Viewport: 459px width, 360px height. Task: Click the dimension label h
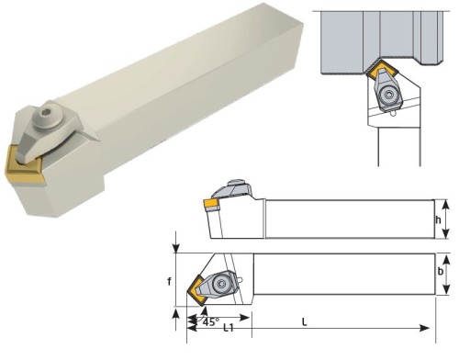click(x=439, y=219)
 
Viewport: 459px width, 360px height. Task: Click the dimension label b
click(x=441, y=271)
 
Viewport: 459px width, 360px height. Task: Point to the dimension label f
click(x=169, y=281)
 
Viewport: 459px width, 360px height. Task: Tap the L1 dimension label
click(x=229, y=328)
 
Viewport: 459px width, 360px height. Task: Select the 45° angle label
click(x=211, y=321)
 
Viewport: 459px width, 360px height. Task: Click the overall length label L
click(x=304, y=321)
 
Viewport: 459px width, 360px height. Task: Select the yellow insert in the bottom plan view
click(x=196, y=289)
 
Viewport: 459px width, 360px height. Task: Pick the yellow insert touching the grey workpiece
click(x=382, y=69)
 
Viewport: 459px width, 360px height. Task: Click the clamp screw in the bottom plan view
click(x=220, y=284)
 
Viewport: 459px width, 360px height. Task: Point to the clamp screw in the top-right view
click(x=388, y=96)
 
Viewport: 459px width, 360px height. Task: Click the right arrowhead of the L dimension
click(x=424, y=328)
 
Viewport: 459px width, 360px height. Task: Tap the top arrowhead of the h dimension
click(x=446, y=204)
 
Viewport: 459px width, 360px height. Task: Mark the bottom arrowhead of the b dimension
click(x=446, y=289)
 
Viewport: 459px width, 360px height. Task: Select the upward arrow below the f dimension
click(x=176, y=319)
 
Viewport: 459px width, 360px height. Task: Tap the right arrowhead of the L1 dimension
click(x=244, y=318)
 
